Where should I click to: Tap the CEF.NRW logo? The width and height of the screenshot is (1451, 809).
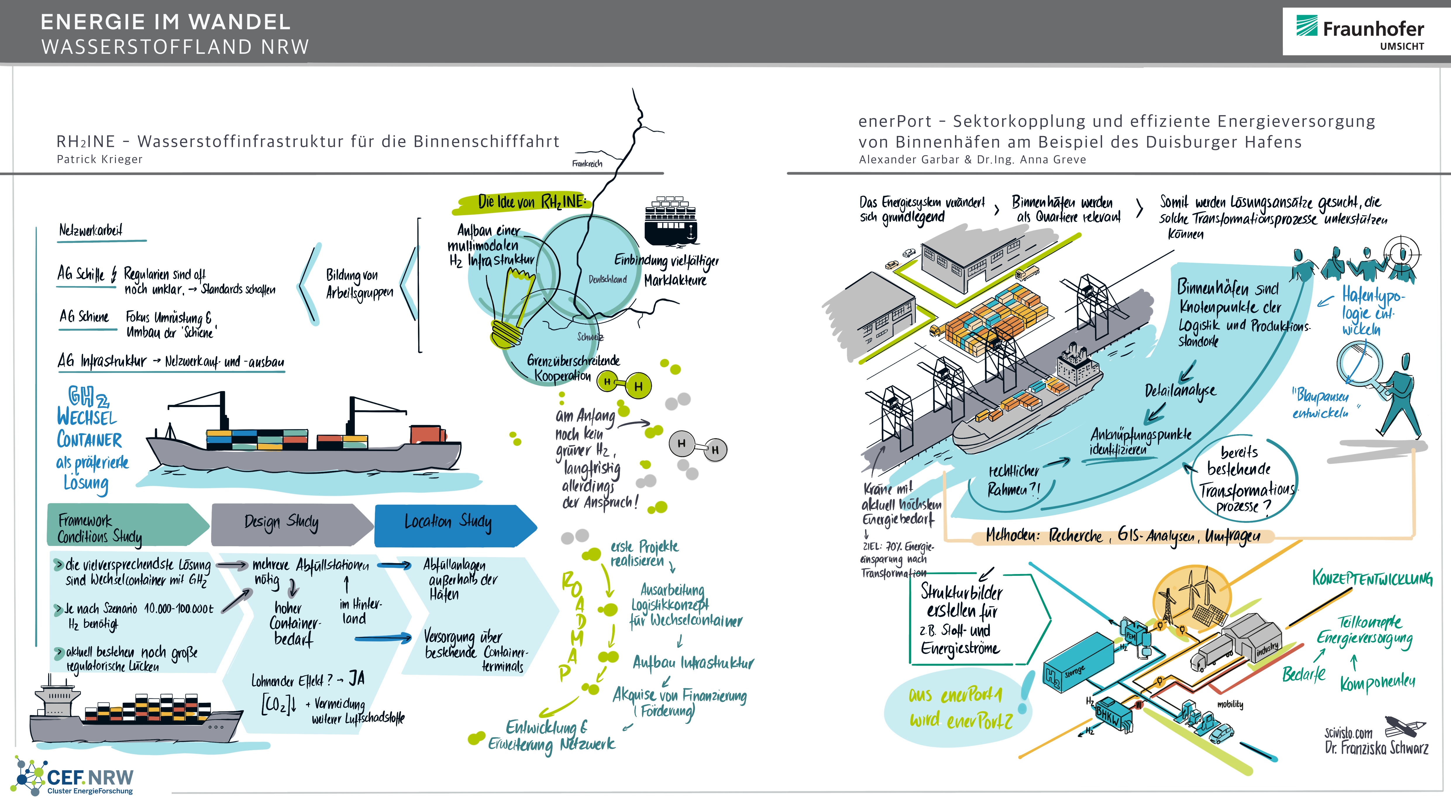[76, 777]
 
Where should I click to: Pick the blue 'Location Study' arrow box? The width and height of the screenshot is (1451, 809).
[451, 524]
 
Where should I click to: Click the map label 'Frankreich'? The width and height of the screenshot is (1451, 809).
[587, 163]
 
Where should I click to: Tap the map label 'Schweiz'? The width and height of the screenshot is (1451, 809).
[590, 337]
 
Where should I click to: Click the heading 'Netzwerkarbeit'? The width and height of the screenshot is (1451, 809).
[91, 230]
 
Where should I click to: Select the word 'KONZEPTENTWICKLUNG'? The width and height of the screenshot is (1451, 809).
[1372, 578]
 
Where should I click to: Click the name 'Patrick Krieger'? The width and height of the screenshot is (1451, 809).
[100, 159]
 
